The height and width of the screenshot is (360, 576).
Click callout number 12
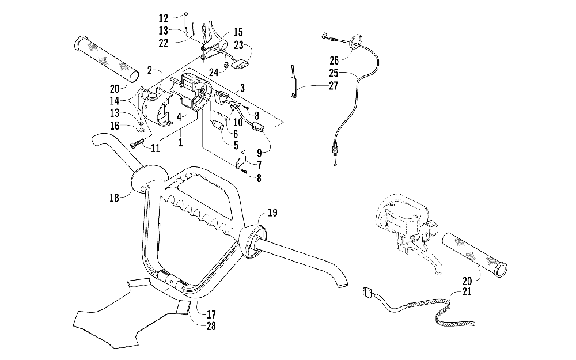(x=164, y=18)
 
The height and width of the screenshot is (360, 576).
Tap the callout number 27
(x=333, y=86)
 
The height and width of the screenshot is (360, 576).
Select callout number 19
(x=272, y=213)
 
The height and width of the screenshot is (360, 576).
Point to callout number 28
(x=211, y=326)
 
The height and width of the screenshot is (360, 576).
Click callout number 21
(x=467, y=292)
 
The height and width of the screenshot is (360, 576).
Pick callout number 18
(x=114, y=198)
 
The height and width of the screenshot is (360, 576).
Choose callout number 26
(x=334, y=60)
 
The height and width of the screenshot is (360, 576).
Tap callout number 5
(x=236, y=146)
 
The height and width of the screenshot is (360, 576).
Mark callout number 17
(x=211, y=314)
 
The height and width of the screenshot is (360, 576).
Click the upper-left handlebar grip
(x=107, y=59)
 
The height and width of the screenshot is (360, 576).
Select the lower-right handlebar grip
(x=475, y=254)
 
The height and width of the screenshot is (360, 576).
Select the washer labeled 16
(x=141, y=129)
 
